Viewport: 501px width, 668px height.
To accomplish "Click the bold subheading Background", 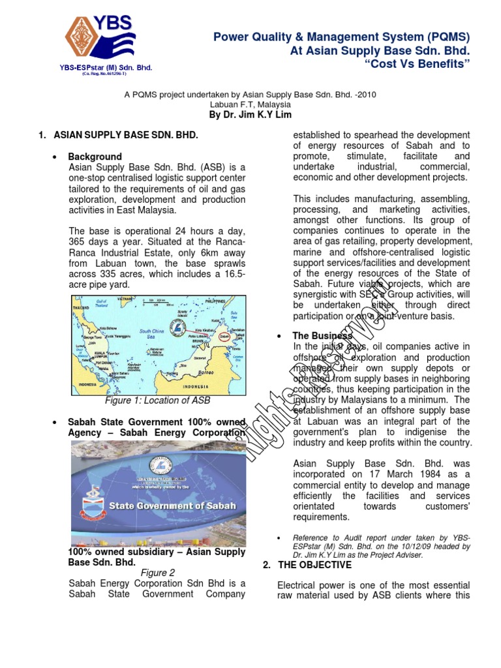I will point(95,157).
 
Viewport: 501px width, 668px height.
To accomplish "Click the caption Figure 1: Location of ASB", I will point(158,401).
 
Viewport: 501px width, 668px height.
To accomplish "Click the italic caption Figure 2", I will point(158,573).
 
